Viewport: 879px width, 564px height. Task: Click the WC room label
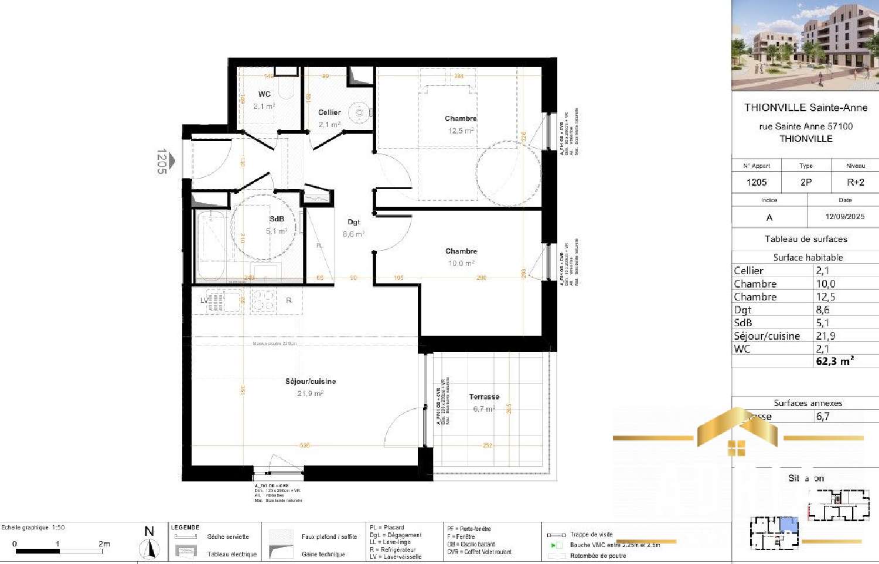tap(264, 94)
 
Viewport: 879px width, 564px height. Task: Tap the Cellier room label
tap(329, 112)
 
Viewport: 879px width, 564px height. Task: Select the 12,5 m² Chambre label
tap(461, 119)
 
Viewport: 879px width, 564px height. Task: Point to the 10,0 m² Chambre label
tap(461, 251)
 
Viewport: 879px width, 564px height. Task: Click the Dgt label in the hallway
tap(354, 222)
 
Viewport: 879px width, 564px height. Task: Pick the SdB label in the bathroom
tap(277, 219)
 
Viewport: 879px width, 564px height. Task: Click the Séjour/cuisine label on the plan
tap(311, 381)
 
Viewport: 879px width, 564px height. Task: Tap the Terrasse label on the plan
tap(484, 397)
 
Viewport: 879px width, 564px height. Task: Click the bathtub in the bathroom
tap(211, 246)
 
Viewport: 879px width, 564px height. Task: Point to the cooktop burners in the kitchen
tap(263, 300)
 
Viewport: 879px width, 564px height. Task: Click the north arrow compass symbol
tap(150, 546)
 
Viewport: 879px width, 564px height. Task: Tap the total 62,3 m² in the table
tap(834, 361)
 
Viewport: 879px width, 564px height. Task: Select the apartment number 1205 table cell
tap(757, 182)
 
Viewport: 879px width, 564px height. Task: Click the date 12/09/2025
tap(844, 216)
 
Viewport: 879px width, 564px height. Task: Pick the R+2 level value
tap(855, 182)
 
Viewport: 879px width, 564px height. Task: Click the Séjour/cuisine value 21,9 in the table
tap(825, 336)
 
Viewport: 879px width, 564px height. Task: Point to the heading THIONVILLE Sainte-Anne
tap(806, 108)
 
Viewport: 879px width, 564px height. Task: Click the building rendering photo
tap(805, 45)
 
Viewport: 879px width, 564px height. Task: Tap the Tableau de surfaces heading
tap(806, 239)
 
